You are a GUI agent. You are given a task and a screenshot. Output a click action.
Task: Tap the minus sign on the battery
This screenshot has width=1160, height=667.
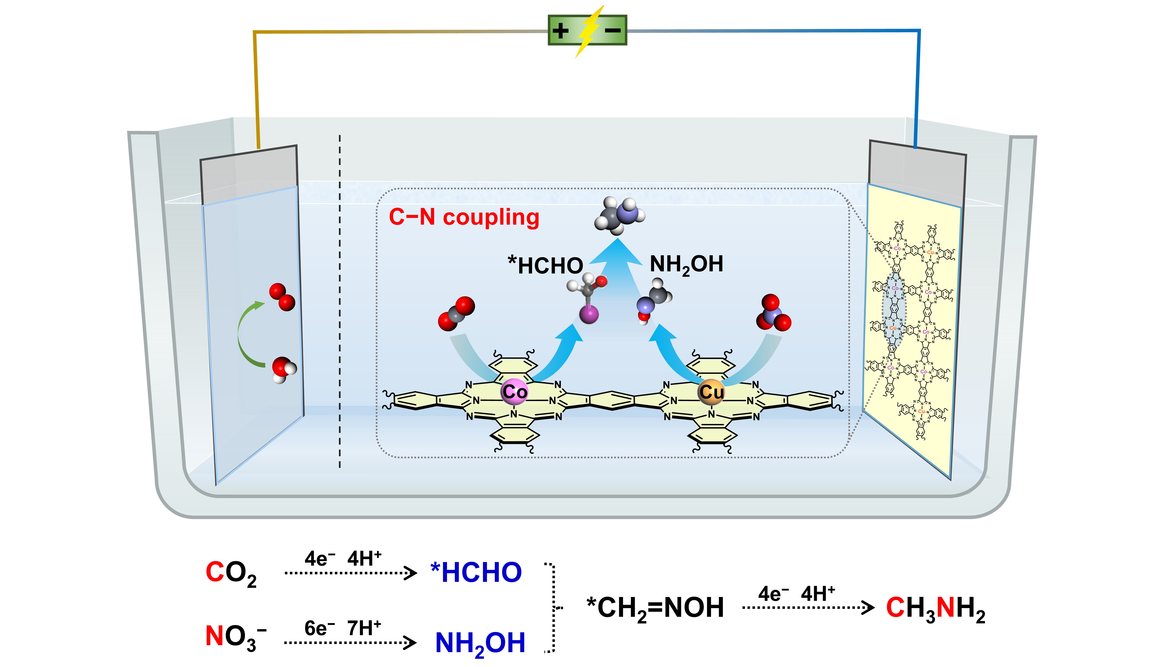[x=613, y=31]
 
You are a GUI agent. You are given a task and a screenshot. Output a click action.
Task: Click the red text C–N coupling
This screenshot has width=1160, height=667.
[x=464, y=217]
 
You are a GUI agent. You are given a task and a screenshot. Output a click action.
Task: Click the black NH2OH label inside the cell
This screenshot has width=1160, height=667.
[x=686, y=265]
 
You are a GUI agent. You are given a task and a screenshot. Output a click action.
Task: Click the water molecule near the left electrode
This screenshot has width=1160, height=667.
[x=283, y=369]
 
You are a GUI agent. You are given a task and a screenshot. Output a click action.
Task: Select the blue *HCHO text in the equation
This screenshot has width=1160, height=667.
[x=476, y=573]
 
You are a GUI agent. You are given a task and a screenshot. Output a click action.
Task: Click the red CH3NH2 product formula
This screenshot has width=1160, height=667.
[x=935, y=608]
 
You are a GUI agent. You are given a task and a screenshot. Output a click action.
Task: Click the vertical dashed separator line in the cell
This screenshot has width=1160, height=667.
[x=340, y=302]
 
